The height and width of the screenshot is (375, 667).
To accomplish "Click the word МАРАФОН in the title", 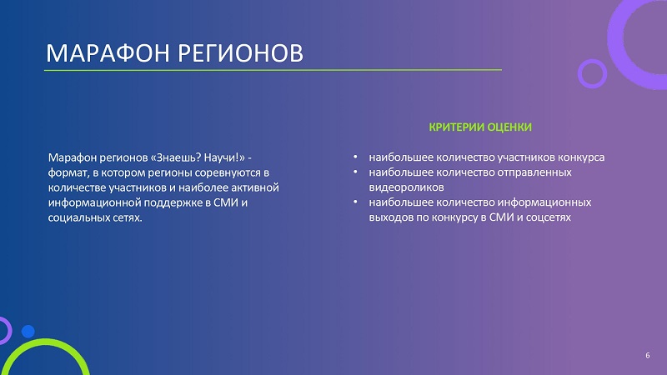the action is coord(108,53).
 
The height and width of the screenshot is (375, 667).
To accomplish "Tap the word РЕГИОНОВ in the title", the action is coord(240,53).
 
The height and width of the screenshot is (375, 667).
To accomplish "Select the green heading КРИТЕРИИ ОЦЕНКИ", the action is coord(480,127).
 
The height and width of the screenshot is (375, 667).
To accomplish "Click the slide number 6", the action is coord(648,356).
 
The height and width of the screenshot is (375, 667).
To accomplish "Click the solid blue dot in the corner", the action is coord(28,331).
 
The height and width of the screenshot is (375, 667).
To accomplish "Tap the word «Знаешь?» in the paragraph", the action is coord(176,157).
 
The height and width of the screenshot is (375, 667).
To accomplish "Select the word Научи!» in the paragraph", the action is coord(224,157).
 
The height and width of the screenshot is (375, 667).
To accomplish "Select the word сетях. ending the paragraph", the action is coord(127,217).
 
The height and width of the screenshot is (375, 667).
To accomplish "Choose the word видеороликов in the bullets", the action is coord(406,187).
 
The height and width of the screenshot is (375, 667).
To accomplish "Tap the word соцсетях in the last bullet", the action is coord(549,217).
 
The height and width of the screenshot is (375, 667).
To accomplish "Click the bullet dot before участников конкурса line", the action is coord(355,157).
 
